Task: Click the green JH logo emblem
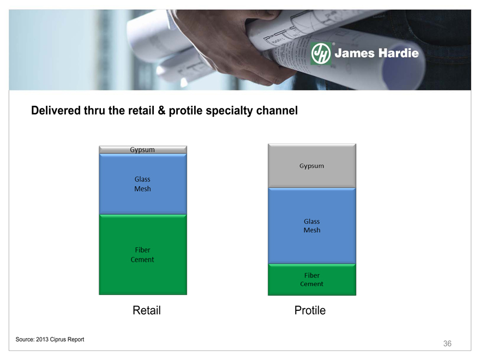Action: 321,53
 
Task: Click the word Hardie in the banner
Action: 398,53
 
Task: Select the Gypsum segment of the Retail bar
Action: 143,149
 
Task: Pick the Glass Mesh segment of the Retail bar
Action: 143,184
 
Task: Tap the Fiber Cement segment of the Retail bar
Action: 143,255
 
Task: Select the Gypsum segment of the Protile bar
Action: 312,166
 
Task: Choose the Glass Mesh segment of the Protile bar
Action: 312,226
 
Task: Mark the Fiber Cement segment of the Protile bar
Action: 312,279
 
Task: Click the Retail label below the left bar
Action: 147,310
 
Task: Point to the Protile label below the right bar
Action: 310,310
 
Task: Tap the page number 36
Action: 447,344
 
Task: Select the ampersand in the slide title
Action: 161,111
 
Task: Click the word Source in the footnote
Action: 25,339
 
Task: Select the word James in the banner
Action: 355,53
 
